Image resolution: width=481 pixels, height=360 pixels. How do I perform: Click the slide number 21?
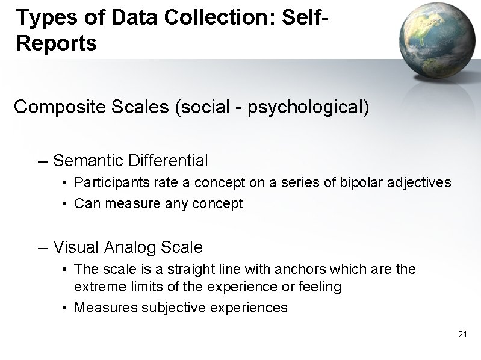point(462,334)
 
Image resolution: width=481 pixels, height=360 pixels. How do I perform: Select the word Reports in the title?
point(57,44)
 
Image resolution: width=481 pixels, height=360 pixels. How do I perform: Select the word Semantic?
point(88,161)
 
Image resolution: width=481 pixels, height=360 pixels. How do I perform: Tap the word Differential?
point(168,161)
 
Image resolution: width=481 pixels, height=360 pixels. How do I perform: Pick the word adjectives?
point(420,182)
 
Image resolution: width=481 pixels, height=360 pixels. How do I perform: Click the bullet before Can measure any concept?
point(65,204)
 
